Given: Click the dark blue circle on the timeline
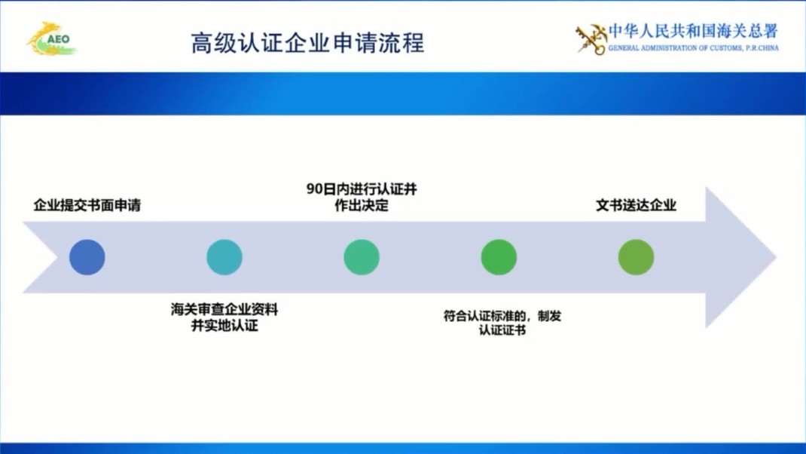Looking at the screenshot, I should click(87, 257).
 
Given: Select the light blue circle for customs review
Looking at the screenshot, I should click(224, 257).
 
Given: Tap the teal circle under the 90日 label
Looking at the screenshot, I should click(362, 257).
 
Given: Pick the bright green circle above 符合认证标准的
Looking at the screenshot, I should click(499, 257).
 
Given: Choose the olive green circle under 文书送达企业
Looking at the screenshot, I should click(636, 257).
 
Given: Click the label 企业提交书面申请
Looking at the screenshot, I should click(87, 205).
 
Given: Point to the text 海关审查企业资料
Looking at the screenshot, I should click(224, 310).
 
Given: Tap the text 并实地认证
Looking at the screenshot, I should click(224, 326).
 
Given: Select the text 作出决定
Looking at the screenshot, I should click(362, 206).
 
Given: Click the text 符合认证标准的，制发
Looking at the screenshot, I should click(502, 316).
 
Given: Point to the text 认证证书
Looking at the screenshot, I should click(502, 330).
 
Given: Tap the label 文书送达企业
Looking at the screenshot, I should click(636, 205).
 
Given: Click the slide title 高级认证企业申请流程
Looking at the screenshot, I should click(307, 42).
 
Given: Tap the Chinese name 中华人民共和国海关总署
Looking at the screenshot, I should click(693, 32).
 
